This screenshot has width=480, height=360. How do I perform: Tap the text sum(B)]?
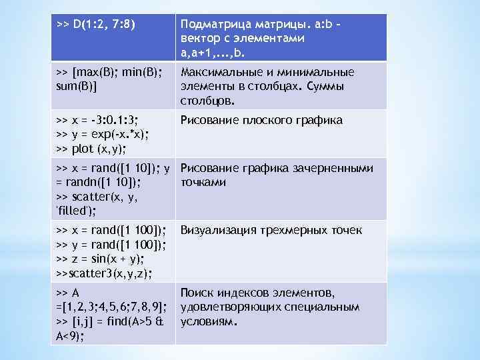(78, 87)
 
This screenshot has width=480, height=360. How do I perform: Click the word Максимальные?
(222, 72)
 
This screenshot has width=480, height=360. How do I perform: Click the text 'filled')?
(75, 211)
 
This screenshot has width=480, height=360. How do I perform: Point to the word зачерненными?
(334, 168)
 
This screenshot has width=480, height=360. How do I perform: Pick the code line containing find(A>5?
(109, 321)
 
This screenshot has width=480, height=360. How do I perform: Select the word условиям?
(209, 321)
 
